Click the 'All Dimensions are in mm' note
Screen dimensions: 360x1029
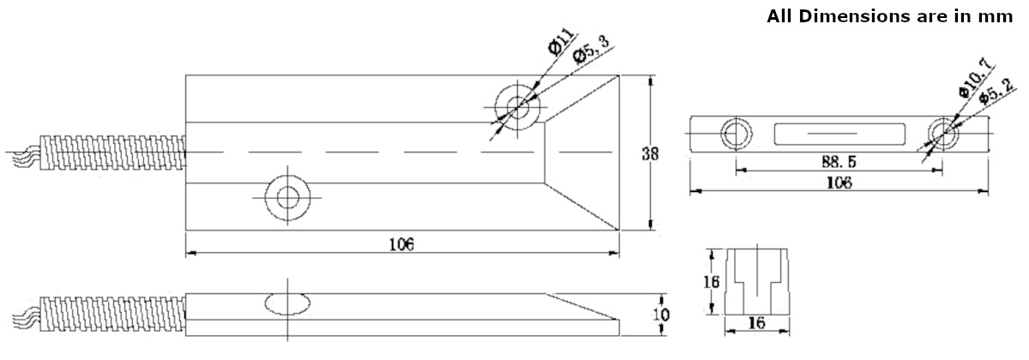coord(891,16)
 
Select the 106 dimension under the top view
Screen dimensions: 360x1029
coord(401,244)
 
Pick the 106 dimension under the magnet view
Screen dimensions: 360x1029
coord(837,183)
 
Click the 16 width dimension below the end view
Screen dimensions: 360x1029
coord(757,323)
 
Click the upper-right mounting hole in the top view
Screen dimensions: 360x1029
coord(518,107)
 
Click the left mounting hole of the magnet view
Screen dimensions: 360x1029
coord(735,134)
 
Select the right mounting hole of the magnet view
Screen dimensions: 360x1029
coord(943,134)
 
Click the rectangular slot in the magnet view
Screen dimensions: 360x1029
coord(839,134)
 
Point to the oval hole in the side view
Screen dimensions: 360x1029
coord(287,303)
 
